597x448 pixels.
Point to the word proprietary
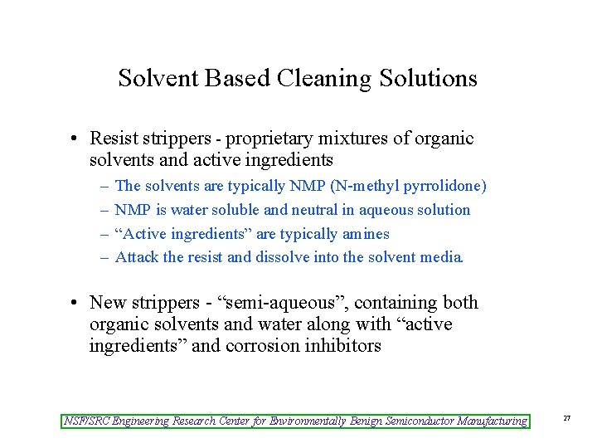275,139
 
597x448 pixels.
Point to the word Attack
137,257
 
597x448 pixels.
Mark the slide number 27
567,419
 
